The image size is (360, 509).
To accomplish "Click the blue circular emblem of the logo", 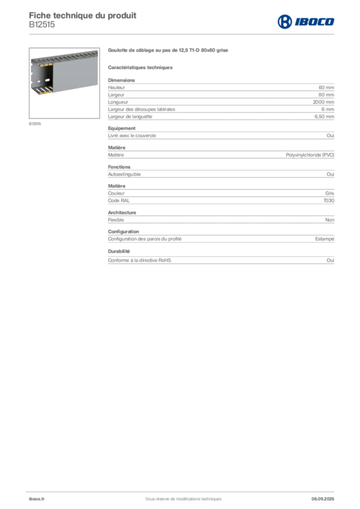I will point(285,21).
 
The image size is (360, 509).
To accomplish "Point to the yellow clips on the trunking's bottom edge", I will point(45,91).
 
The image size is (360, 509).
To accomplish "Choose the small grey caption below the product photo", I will point(35,123).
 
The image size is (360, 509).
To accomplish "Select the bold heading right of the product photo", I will point(169,50).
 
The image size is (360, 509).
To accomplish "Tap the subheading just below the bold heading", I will point(141,67).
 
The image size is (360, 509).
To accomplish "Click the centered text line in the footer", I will point(179,496).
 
